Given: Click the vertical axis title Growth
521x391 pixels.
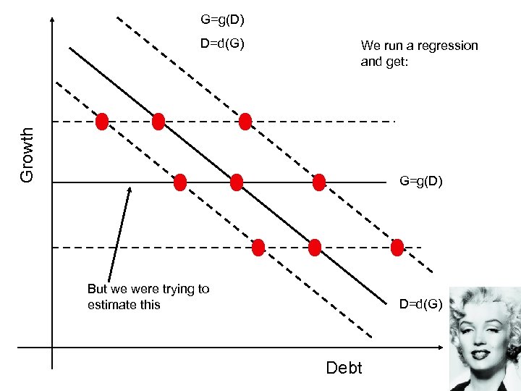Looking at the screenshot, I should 27,154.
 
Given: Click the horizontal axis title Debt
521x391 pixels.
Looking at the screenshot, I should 344,367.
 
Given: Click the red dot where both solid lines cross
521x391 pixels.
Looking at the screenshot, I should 237,182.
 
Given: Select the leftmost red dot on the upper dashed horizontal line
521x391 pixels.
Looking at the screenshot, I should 102,121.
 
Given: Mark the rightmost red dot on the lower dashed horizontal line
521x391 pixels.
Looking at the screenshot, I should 397,248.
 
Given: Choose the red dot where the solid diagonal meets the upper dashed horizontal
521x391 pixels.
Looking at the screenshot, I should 158,121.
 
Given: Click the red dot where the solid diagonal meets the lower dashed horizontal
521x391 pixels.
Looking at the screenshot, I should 314,248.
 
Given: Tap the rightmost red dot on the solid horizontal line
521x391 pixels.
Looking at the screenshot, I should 319,182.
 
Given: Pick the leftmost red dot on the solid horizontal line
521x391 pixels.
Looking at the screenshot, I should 180,182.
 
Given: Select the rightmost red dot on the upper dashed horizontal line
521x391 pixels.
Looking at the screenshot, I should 245,121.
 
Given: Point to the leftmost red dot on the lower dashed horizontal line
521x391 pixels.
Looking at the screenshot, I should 258,248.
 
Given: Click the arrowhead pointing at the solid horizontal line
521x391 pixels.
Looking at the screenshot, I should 130,190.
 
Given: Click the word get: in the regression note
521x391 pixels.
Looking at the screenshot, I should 396,62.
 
